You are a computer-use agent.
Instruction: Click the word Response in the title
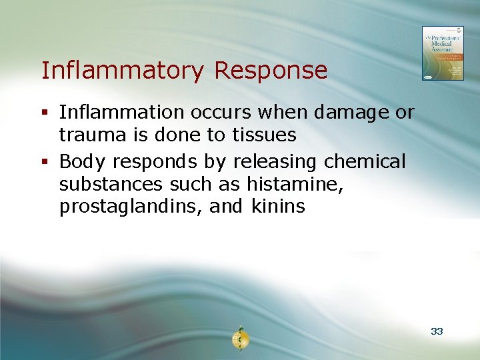271,70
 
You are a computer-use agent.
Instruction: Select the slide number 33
437,331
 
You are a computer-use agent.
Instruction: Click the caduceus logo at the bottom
239,339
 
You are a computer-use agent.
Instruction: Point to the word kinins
278,207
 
